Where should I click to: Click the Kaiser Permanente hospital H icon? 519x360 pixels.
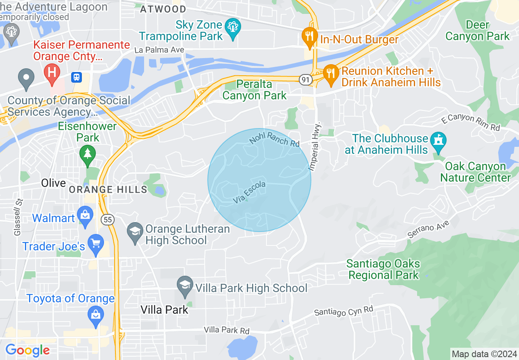pos(52,72)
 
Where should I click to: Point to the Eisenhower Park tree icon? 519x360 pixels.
pos(87,154)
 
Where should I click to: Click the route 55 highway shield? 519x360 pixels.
pos(108,220)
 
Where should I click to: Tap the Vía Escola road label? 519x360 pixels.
pos(249,193)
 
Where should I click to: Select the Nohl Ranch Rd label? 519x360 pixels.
pos(274,139)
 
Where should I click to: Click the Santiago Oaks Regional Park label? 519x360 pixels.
pos(383,269)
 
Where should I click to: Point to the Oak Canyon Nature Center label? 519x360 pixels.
pos(475,172)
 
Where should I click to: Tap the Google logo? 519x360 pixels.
pos(27,350)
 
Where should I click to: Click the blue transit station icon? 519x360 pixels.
pos(77,77)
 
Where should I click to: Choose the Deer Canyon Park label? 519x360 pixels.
pos(478,31)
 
